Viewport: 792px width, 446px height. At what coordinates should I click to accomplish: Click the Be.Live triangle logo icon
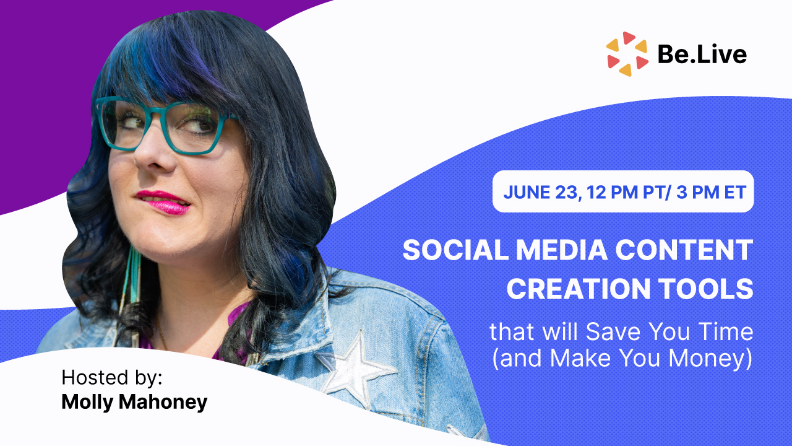tap(627, 54)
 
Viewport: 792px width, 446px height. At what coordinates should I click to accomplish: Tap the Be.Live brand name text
tap(702, 55)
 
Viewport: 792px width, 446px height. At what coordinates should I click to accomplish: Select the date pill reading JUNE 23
tap(623, 191)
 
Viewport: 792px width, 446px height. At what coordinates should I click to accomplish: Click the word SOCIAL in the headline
tap(455, 250)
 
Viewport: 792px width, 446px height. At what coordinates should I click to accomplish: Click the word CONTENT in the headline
tap(684, 250)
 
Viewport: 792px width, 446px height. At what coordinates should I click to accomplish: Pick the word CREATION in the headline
tap(579, 289)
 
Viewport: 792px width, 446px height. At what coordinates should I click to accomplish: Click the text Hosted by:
tap(112, 378)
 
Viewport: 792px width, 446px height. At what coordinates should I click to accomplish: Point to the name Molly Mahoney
tap(134, 402)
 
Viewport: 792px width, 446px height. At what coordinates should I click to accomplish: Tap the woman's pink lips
tap(164, 202)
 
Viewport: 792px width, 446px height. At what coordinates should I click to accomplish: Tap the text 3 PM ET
tap(711, 192)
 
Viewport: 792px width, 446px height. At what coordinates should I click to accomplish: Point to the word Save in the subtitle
tap(613, 331)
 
